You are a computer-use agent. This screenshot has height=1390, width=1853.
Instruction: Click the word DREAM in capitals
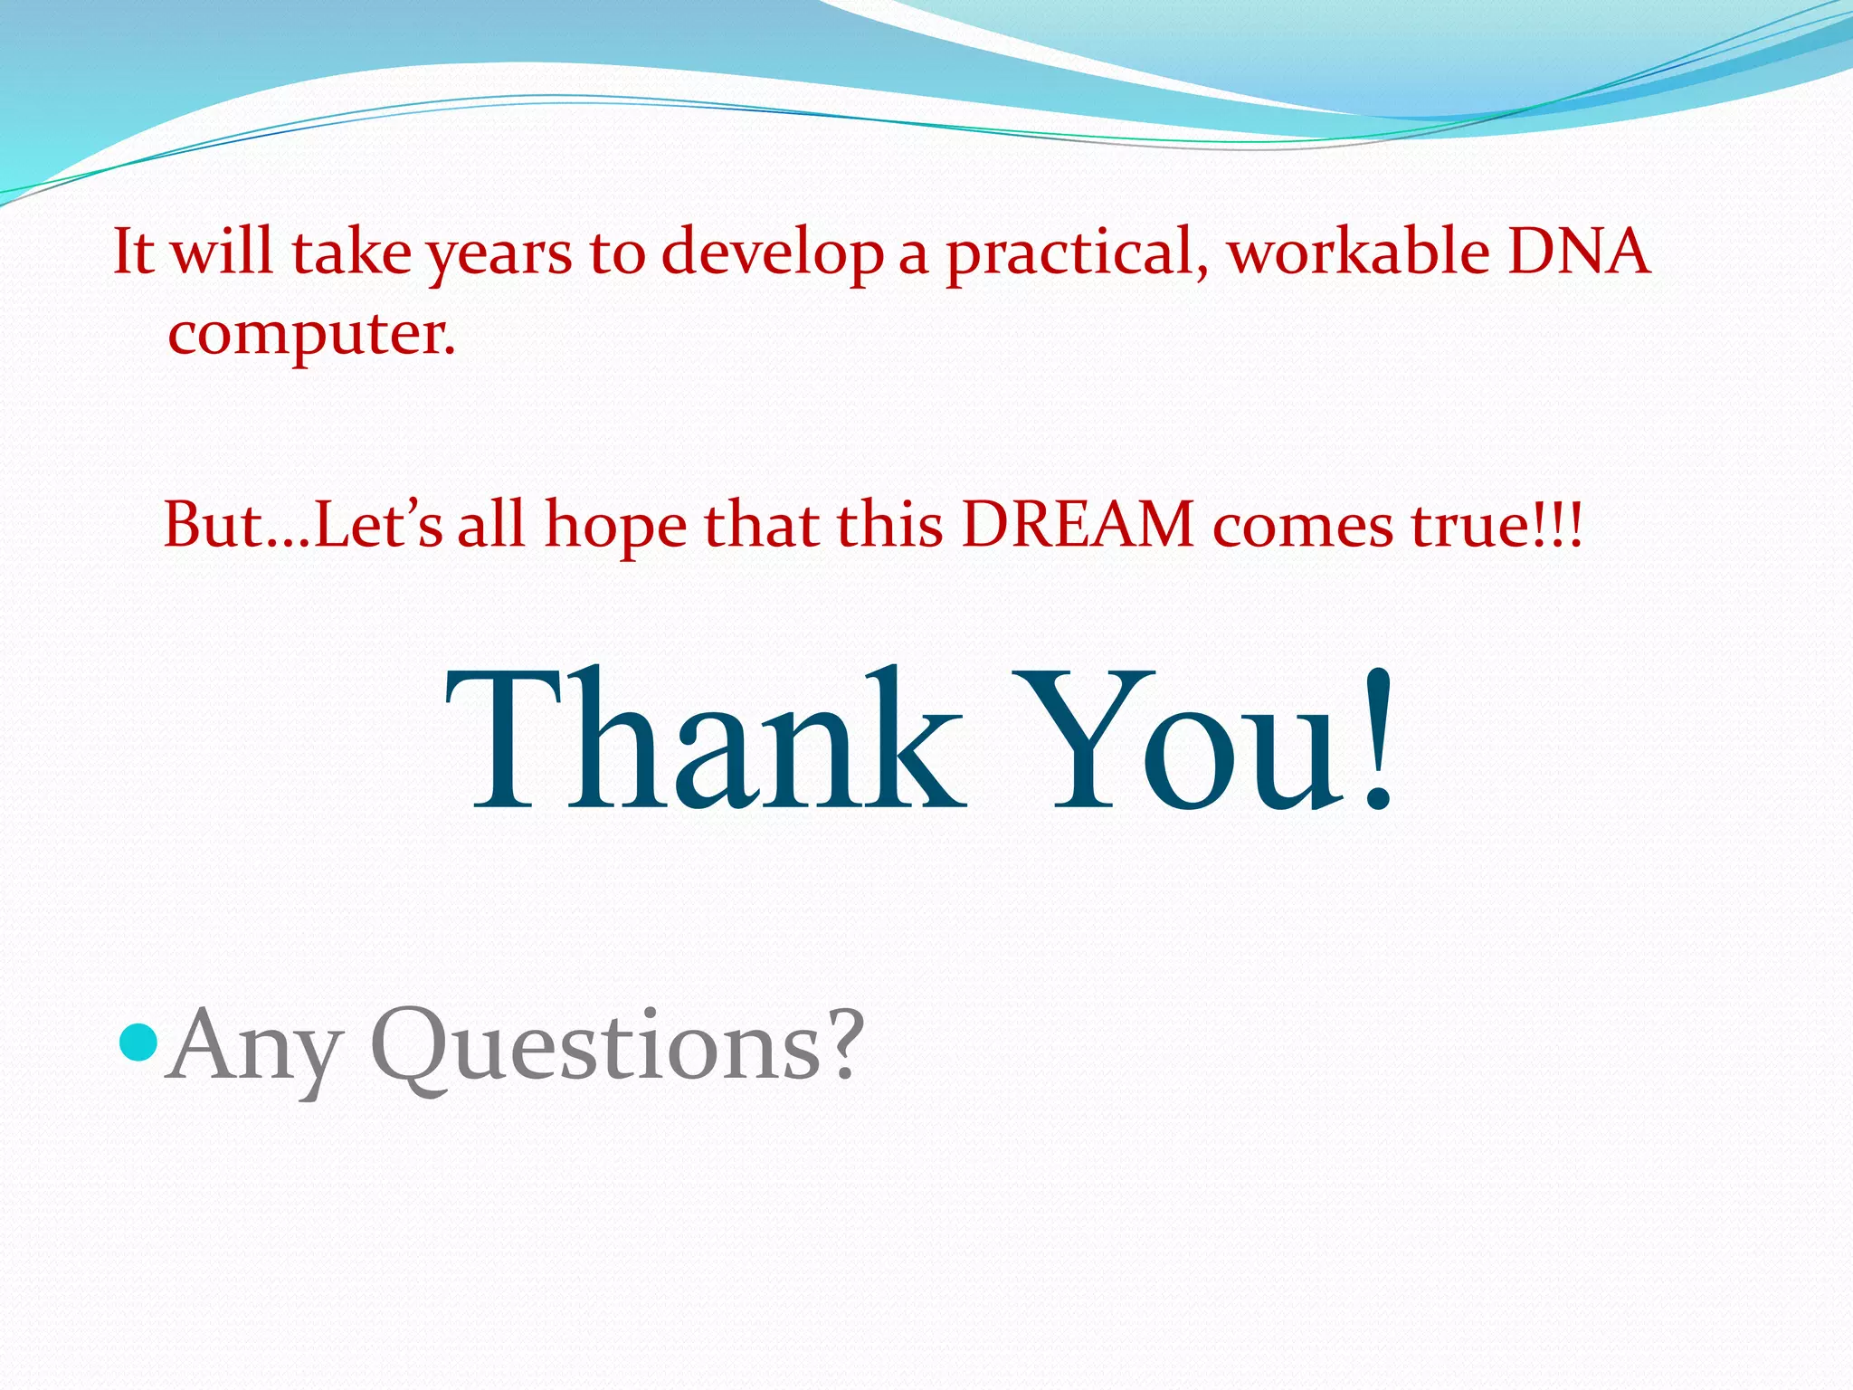1077,525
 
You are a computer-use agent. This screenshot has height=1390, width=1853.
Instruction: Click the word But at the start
213,525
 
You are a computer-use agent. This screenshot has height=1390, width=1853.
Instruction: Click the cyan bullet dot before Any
138,1042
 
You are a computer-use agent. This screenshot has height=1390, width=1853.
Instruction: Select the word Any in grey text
254,1050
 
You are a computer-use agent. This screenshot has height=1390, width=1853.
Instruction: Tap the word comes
1303,528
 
